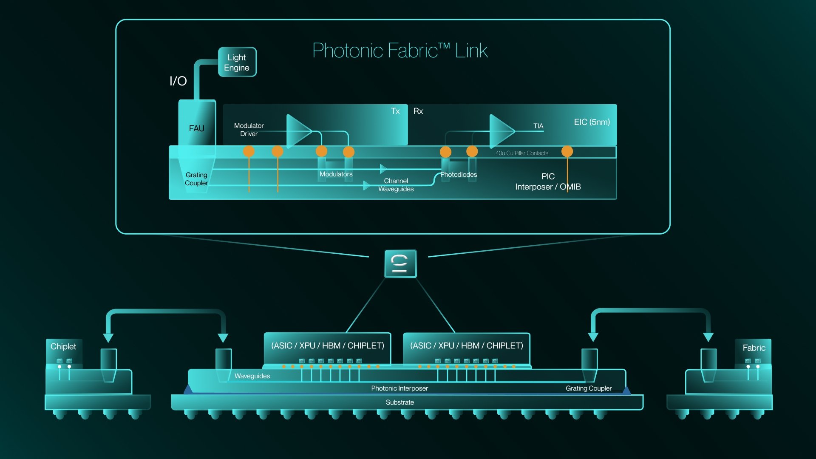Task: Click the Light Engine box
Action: click(x=237, y=62)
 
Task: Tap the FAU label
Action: click(x=196, y=128)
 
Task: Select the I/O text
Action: click(x=178, y=81)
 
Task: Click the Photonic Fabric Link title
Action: click(x=399, y=51)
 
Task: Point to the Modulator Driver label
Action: click(x=249, y=130)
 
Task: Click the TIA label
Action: click(x=538, y=126)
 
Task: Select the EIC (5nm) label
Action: click(x=592, y=122)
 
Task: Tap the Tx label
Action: click(x=395, y=111)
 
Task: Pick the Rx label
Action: click(x=418, y=111)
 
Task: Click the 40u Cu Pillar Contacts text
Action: click(x=521, y=153)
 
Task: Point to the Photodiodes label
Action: click(x=458, y=175)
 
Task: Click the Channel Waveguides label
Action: click(x=396, y=185)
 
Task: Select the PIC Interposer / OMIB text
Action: click(x=548, y=182)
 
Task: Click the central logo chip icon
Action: click(x=400, y=263)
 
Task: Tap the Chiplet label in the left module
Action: click(x=63, y=346)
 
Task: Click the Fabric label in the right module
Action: click(x=754, y=348)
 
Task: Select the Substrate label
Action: click(x=399, y=402)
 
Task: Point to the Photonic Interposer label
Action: click(x=399, y=388)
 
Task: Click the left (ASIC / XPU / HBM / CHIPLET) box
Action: click(x=327, y=346)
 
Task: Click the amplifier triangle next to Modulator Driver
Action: click(x=297, y=131)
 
